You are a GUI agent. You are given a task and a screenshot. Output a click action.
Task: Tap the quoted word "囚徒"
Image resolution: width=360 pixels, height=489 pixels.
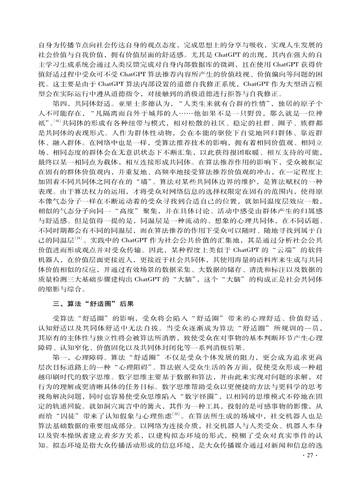[x=65, y=414]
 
